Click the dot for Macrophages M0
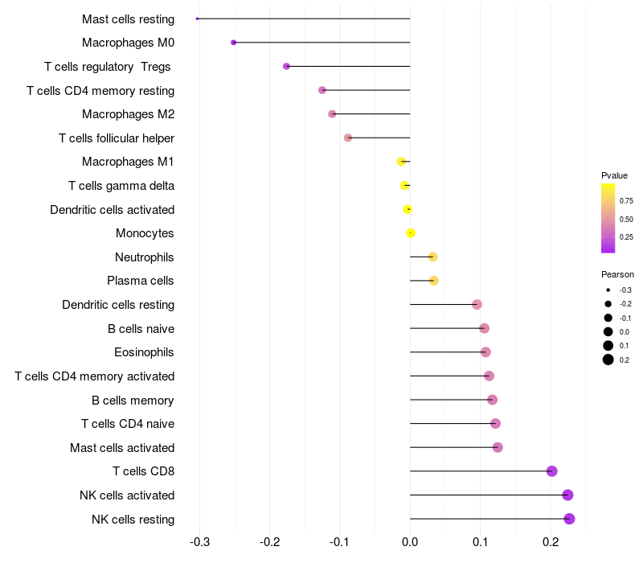click(x=234, y=43)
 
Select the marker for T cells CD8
click(x=551, y=471)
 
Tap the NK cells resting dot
click(x=569, y=519)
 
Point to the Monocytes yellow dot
click(x=411, y=233)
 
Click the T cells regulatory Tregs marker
click(x=286, y=66)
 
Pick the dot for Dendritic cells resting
click(x=477, y=305)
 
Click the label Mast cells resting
click(x=128, y=18)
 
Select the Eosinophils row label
click(x=145, y=352)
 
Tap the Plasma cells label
click(x=141, y=281)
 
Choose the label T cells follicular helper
click(x=117, y=138)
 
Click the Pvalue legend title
click(x=614, y=175)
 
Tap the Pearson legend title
click(x=617, y=274)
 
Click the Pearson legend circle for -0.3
click(x=608, y=290)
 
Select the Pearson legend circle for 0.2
click(x=608, y=360)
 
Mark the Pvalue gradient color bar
click(x=608, y=218)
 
